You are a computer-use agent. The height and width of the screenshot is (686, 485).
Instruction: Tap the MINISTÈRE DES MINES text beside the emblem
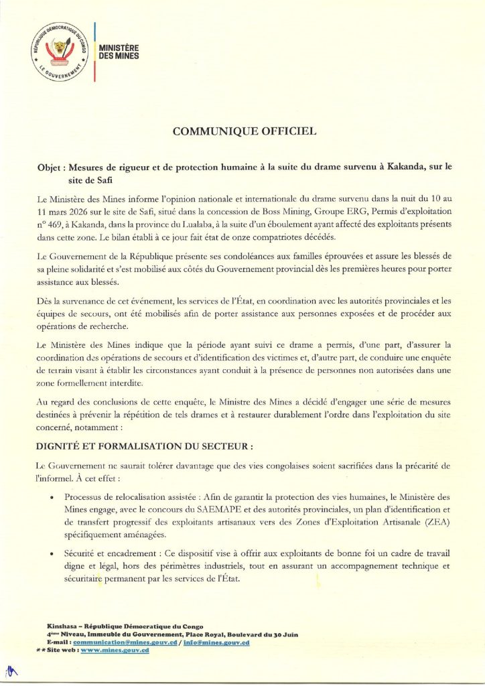point(119,53)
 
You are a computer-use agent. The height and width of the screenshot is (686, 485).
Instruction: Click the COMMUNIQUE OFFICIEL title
point(244,132)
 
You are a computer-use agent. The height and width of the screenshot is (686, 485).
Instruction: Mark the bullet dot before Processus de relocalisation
point(53,497)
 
